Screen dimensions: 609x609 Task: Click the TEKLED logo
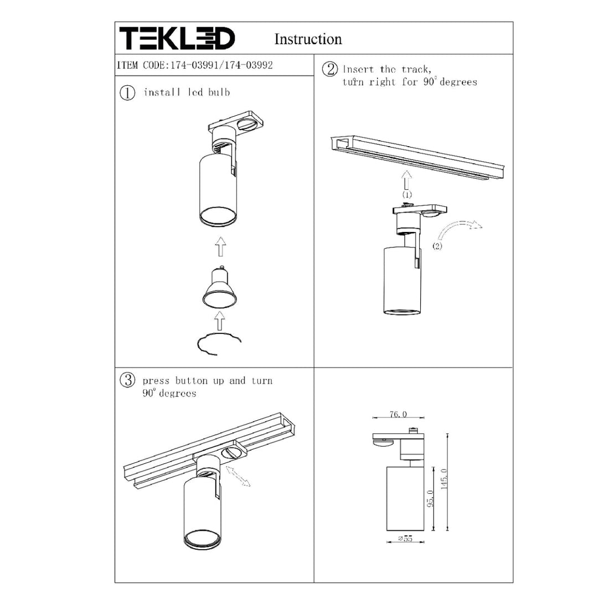(x=177, y=38)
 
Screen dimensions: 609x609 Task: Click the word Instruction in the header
(x=308, y=39)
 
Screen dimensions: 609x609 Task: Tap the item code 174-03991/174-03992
(x=221, y=65)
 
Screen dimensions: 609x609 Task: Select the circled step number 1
(x=127, y=93)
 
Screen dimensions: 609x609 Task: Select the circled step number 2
(x=330, y=70)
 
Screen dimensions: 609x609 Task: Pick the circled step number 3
(x=127, y=380)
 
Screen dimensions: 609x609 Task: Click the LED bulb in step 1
(x=220, y=287)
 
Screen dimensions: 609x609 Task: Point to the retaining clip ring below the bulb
(x=219, y=343)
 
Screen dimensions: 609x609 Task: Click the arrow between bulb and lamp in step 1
(x=220, y=246)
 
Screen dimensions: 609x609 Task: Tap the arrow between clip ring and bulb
(x=220, y=321)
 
